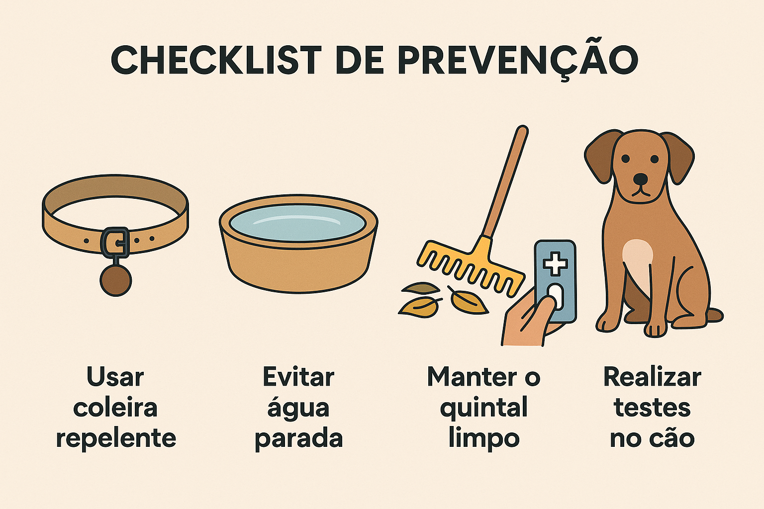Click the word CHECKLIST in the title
coord(216,60)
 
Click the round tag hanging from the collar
coord(115,280)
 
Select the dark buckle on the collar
coord(115,243)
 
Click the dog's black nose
coord(641,178)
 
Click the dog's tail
coord(714,315)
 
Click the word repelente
coord(116,439)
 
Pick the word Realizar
coord(652,378)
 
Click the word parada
coord(299,439)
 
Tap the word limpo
coord(484,439)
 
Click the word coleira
coord(115,408)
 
